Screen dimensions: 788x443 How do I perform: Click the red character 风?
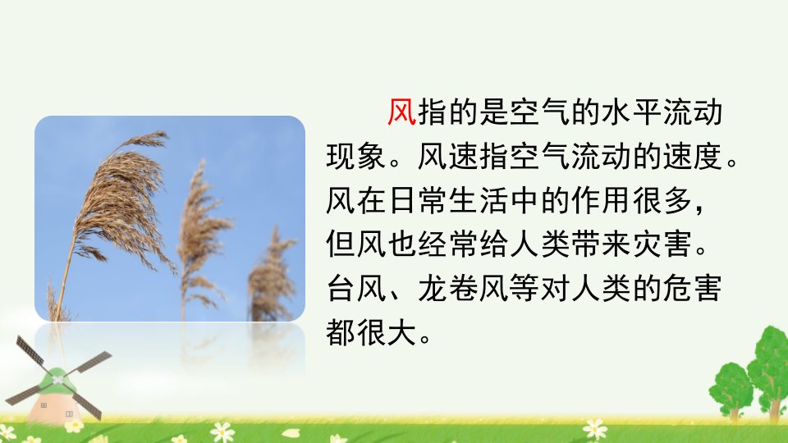402,112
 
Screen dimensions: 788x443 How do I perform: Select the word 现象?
356,156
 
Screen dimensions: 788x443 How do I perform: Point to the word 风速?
448,156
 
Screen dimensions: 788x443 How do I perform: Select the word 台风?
356,288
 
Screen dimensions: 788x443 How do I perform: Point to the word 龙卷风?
463,288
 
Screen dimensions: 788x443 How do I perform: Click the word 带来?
601,244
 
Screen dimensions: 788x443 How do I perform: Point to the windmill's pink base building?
54,402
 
